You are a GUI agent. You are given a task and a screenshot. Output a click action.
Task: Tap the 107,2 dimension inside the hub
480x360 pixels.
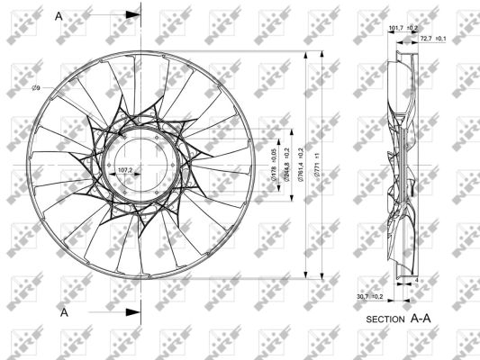click(x=125, y=169)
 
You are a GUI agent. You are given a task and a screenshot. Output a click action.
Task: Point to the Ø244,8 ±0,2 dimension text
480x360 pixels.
click(x=286, y=166)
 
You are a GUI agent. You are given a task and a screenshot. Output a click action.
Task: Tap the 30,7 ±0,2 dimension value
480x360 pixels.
click(x=370, y=295)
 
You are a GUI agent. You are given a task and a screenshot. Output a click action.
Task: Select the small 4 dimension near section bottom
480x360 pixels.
click(x=416, y=281)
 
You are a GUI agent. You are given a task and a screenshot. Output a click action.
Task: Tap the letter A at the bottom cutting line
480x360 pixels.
click(x=64, y=312)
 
